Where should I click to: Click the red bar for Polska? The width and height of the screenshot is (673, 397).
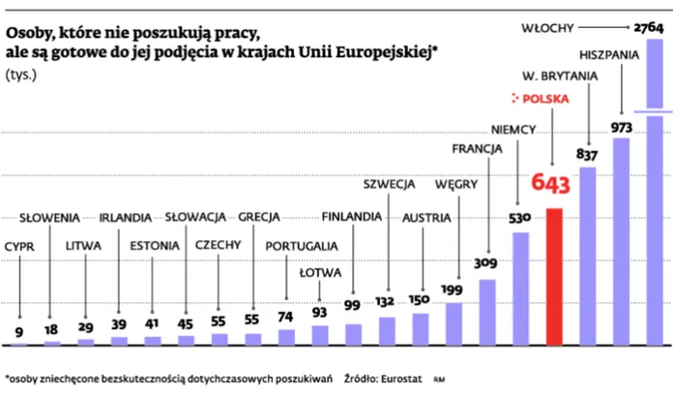click(554, 276)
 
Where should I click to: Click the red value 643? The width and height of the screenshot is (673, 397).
click(550, 184)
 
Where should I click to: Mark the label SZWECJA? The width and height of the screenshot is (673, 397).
click(389, 183)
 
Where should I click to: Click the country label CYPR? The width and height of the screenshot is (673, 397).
click(19, 246)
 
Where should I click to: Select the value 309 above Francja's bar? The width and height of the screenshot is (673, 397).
click(485, 262)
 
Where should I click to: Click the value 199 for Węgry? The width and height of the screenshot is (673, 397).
click(452, 289)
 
